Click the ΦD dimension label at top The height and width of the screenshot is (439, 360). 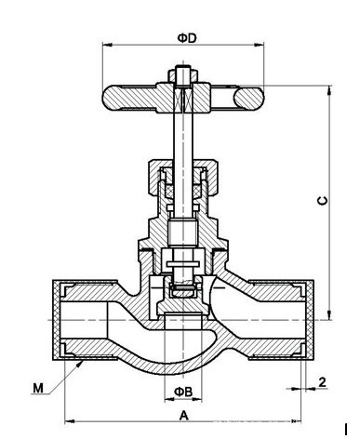(187, 38)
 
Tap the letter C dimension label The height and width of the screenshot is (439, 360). (323, 201)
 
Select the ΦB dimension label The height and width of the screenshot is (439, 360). (183, 392)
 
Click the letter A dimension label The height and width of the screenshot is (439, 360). (184, 416)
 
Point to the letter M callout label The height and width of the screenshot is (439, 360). (38, 388)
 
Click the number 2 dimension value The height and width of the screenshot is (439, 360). (323, 382)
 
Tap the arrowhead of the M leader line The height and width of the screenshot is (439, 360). (81, 364)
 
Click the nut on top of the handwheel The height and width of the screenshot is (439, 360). (183, 75)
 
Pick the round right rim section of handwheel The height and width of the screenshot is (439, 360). (248, 99)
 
